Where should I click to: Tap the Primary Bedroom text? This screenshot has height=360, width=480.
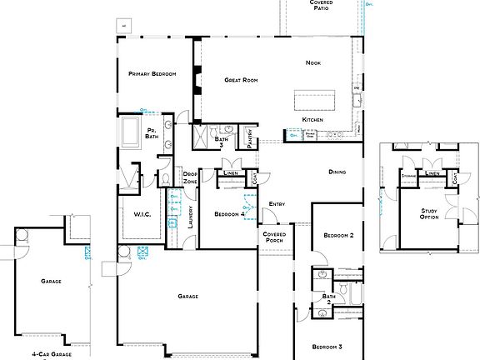click(x=152, y=74)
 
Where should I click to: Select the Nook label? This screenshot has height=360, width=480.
click(x=312, y=63)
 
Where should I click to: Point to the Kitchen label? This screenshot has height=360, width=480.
click(x=312, y=120)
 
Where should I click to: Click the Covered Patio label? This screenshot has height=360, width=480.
click(x=321, y=6)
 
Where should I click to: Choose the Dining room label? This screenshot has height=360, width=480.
click(x=337, y=172)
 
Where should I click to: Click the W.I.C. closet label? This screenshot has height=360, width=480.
click(x=142, y=214)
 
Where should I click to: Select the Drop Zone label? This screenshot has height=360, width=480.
click(x=190, y=178)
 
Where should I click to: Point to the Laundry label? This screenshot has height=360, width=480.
click(x=191, y=217)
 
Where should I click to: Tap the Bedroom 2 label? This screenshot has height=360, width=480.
click(x=338, y=236)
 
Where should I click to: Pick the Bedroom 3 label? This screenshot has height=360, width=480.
click(x=327, y=346)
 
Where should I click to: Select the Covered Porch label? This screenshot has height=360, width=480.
click(x=274, y=237)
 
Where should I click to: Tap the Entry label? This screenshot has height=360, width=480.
click(x=277, y=204)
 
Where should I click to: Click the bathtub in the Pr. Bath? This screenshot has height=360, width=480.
click(x=131, y=132)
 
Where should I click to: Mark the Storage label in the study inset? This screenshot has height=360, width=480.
click(x=408, y=176)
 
